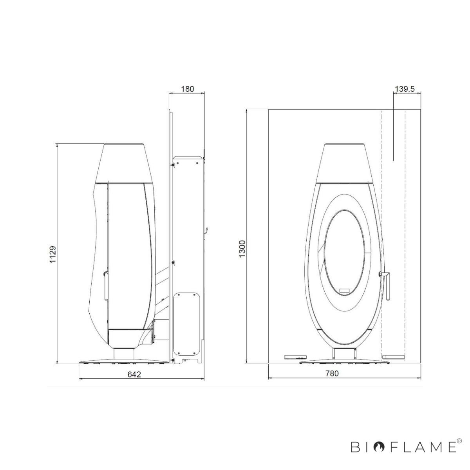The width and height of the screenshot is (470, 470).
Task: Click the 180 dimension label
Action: pos(187,89)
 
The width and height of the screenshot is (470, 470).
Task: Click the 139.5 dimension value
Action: pos(405,89)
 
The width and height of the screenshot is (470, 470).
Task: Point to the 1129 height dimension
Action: pos(53,255)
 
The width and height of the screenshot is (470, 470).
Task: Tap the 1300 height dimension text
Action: pos(242,249)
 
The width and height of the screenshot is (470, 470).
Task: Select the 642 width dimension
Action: pos(134,374)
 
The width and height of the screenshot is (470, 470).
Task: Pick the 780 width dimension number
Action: pos(332,373)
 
